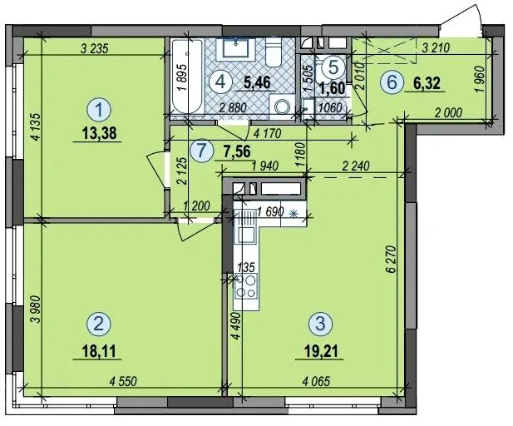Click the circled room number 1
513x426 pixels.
click(x=100, y=109)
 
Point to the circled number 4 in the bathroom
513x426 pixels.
click(x=221, y=82)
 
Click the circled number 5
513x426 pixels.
click(x=333, y=67)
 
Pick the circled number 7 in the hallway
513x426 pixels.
click(x=202, y=151)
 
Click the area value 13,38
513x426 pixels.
click(x=99, y=133)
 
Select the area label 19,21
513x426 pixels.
click(x=321, y=351)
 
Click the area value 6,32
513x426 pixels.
click(x=427, y=83)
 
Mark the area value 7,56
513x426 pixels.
click(x=237, y=151)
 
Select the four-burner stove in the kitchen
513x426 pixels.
click(x=246, y=287)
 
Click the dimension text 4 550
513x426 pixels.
click(x=123, y=381)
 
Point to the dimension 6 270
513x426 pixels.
click(x=392, y=260)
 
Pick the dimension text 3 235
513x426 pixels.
click(x=94, y=49)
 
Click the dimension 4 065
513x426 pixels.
click(x=317, y=381)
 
